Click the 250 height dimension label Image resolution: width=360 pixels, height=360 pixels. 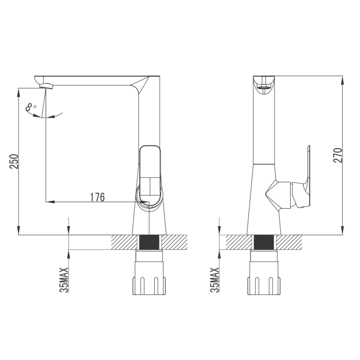pos(14,161)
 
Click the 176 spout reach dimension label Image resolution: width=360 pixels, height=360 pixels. pos(97,197)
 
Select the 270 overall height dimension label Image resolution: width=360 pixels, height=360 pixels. pos(337,155)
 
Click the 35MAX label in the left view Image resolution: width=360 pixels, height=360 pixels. pos(64,280)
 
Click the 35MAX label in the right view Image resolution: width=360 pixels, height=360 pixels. pos(214,280)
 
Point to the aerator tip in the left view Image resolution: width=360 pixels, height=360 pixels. pos(47,86)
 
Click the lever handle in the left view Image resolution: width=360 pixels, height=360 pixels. pos(150,174)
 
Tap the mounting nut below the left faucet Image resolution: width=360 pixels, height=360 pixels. pos(149,273)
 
